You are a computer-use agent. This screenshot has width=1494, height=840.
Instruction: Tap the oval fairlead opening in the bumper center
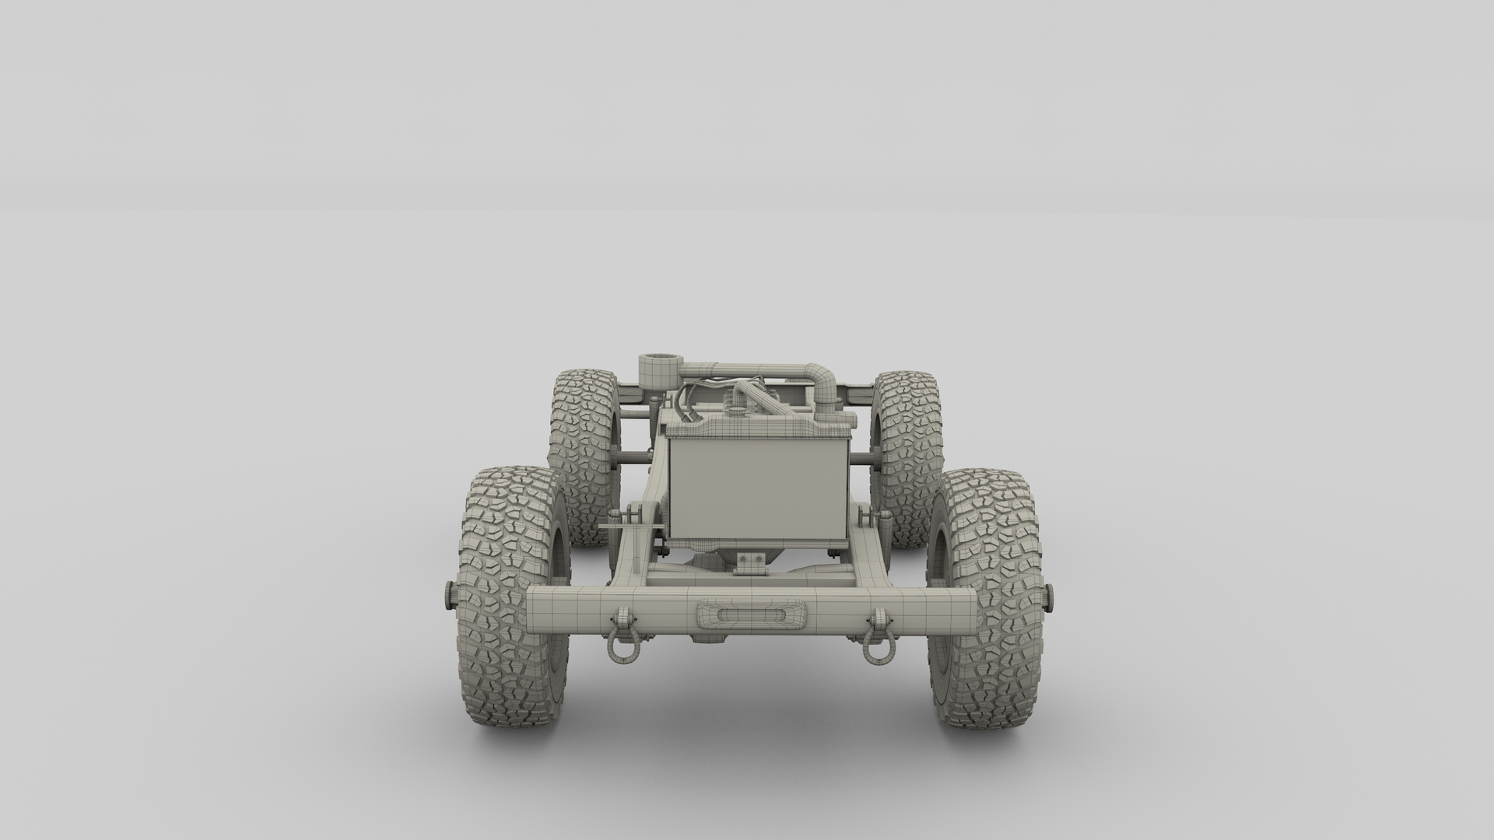(x=752, y=614)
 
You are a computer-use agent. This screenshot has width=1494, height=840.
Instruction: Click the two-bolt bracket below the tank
(x=751, y=562)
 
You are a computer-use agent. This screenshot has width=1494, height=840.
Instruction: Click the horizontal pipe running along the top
(x=739, y=368)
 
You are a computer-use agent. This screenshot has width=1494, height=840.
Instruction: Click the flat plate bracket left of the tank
(x=622, y=528)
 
